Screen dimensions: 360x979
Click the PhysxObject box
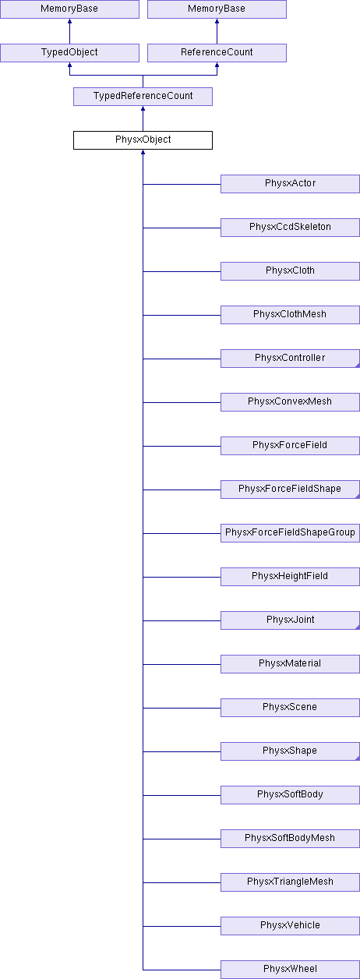(143, 140)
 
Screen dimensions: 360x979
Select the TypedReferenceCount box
(143, 97)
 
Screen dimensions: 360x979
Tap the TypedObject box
(69, 53)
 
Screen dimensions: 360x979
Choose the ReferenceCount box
(217, 53)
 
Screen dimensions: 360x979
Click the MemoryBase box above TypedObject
(69, 9)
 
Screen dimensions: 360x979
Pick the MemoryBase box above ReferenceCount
(217, 9)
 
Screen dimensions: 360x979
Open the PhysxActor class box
(290, 184)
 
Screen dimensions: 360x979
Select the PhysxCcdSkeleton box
(290, 228)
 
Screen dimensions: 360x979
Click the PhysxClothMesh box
(290, 315)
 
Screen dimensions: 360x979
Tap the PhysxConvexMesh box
(290, 402)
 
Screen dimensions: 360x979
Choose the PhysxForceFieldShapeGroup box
(290, 533)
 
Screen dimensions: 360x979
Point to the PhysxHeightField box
(290, 577)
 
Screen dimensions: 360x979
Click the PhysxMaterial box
(290, 664)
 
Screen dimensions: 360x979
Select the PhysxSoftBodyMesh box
(290, 839)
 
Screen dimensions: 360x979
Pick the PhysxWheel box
(290, 970)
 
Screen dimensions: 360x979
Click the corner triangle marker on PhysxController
(358, 366)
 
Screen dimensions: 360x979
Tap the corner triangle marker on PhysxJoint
(358, 627)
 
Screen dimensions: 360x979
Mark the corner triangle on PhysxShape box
(358, 758)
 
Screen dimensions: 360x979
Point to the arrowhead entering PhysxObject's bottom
(143, 152)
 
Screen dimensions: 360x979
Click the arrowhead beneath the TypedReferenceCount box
(143, 108)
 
